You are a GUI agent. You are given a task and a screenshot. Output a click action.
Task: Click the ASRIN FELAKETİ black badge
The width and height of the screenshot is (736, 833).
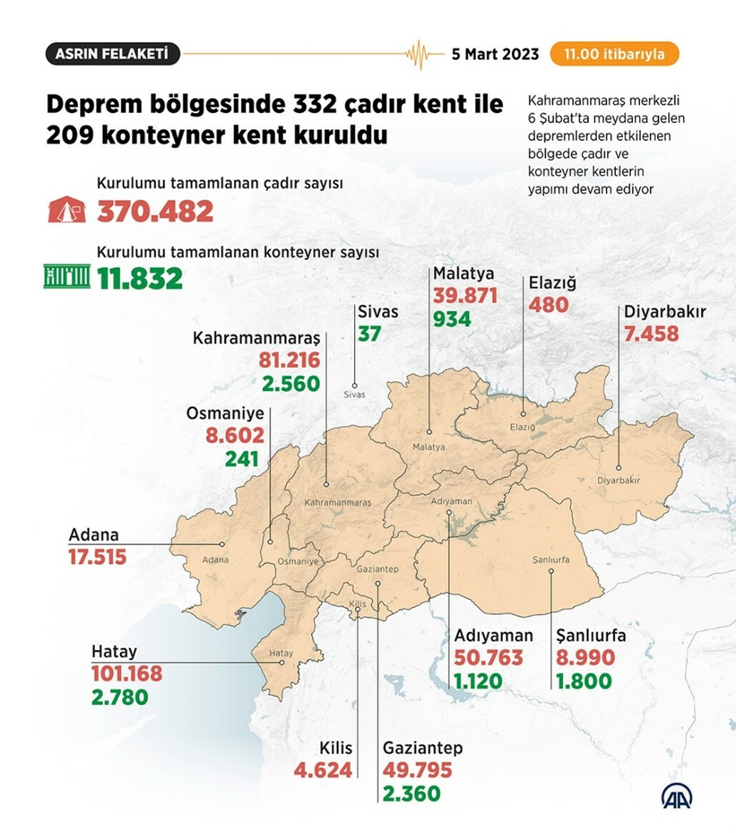[x=112, y=54]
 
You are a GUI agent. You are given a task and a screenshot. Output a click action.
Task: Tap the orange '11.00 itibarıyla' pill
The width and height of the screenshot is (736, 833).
[x=614, y=54]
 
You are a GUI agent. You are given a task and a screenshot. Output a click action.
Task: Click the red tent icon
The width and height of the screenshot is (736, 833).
[x=67, y=210]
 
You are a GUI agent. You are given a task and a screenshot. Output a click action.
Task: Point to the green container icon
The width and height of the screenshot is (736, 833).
[x=67, y=276]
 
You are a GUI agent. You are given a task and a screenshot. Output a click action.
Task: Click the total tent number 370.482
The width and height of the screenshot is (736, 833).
[x=155, y=211]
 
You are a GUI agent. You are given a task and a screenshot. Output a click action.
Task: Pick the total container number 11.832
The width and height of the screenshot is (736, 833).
[x=140, y=278]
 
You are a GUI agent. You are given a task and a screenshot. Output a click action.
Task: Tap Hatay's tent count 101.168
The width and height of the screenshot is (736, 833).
[x=127, y=674]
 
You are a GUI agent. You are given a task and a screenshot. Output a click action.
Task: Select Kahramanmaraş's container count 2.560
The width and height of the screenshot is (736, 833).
[x=290, y=383]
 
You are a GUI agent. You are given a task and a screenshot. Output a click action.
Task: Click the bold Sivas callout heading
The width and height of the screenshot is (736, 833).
[x=378, y=312]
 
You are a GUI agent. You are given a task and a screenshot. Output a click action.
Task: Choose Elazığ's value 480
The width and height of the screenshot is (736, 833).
[x=548, y=305]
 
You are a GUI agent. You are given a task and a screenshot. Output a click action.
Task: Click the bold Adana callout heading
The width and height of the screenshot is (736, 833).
[x=94, y=535]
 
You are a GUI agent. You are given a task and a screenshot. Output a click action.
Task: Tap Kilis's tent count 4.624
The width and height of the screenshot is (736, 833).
[x=323, y=770]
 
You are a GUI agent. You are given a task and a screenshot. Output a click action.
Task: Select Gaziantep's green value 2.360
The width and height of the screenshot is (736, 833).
[x=411, y=793]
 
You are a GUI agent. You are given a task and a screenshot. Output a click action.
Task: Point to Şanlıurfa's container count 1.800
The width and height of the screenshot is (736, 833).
[x=584, y=681]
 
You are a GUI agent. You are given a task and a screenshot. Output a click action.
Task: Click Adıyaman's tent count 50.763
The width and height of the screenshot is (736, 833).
[x=489, y=657]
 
